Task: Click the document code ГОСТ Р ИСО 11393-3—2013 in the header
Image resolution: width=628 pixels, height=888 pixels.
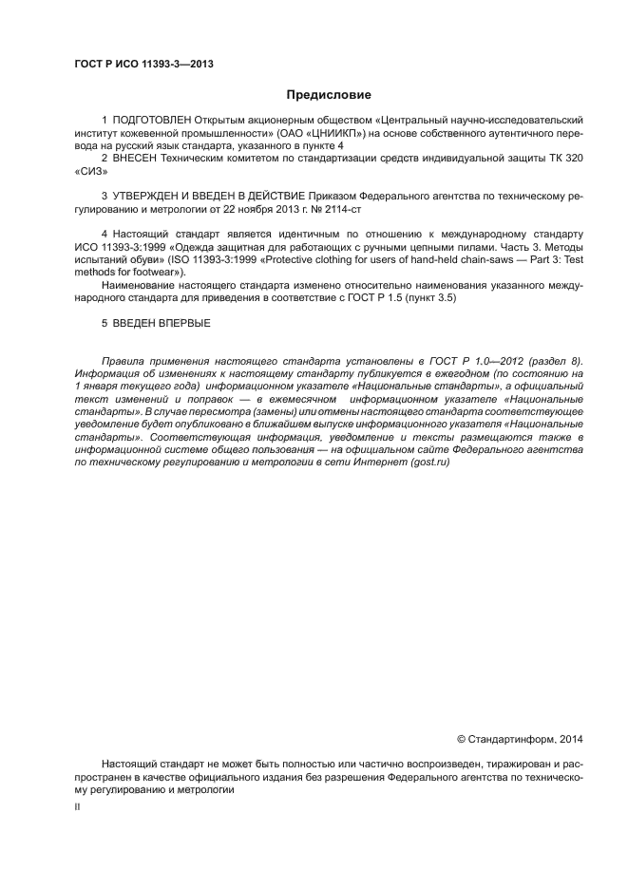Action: pos(143,65)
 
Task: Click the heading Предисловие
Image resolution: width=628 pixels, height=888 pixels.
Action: pos(329,95)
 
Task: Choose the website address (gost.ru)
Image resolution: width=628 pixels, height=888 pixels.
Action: pos(430,462)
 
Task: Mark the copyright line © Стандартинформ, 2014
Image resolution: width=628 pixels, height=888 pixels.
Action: pos(521,737)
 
